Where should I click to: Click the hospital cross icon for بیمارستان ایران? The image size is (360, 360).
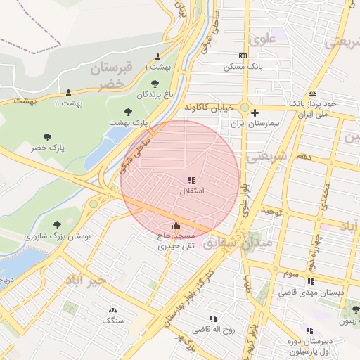[x=255, y=112]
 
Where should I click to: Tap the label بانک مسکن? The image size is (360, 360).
[x=243, y=67]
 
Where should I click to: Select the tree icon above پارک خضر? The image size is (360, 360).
[x=47, y=137]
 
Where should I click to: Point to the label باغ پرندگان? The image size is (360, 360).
[x=153, y=94]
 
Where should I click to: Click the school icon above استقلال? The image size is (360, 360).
[x=192, y=181]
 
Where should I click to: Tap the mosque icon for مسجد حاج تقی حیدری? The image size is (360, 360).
[x=175, y=226]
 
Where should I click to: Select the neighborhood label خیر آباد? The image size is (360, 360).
[x=86, y=280]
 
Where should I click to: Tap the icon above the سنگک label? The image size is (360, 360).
[x=112, y=310]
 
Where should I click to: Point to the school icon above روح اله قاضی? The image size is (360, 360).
[x=213, y=319]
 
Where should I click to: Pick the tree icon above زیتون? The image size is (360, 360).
[x=355, y=309]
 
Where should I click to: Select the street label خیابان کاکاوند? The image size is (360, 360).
[x=209, y=107]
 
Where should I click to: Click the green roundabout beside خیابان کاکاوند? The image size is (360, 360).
[x=245, y=108]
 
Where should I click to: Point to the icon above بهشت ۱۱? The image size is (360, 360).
[x=68, y=93]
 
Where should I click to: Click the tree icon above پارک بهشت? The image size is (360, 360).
[x=128, y=112]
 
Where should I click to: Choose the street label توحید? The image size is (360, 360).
[x=271, y=211]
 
